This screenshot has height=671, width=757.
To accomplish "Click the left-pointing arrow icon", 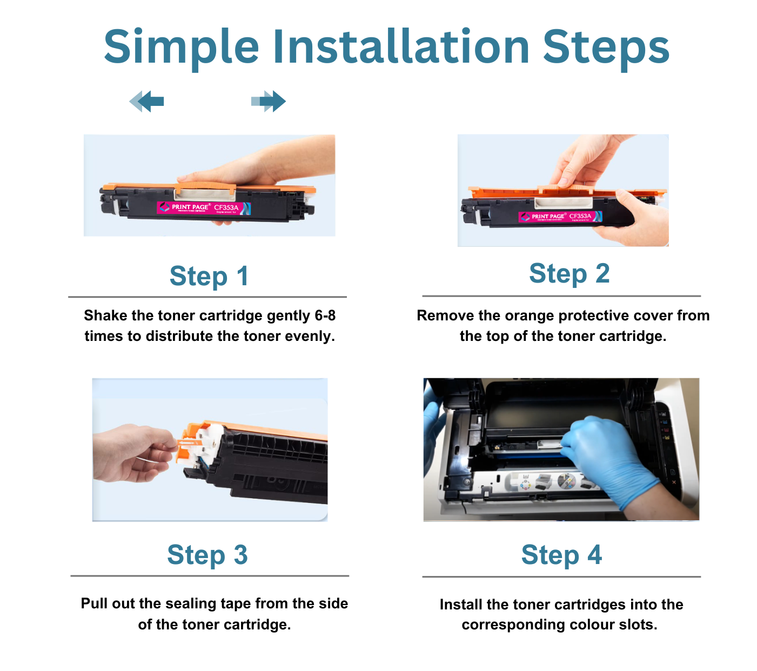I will pyautogui.click(x=147, y=101).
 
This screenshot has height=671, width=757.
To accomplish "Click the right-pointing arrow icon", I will pyautogui.click(x=269, y=101).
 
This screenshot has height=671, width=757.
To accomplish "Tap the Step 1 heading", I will pyautogui.click(x=209, y=276).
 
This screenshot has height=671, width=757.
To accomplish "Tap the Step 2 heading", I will pyautogui.click(x=569, y=273).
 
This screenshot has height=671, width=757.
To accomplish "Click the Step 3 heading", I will pyautogui.click(x=207, y=555).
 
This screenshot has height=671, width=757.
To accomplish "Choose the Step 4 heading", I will pyautogui.click(x=561, y=555).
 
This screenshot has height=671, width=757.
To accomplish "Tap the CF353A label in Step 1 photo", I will pyautogui.click(x=226, y=207).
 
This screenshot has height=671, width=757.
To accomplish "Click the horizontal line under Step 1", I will pyautogui.click(x=207, y=297).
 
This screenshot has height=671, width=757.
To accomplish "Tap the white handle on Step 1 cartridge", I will pyautogui.click(x=204, y=191).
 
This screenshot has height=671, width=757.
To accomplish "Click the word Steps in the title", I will pyautogui.click(x=606, y=47).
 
